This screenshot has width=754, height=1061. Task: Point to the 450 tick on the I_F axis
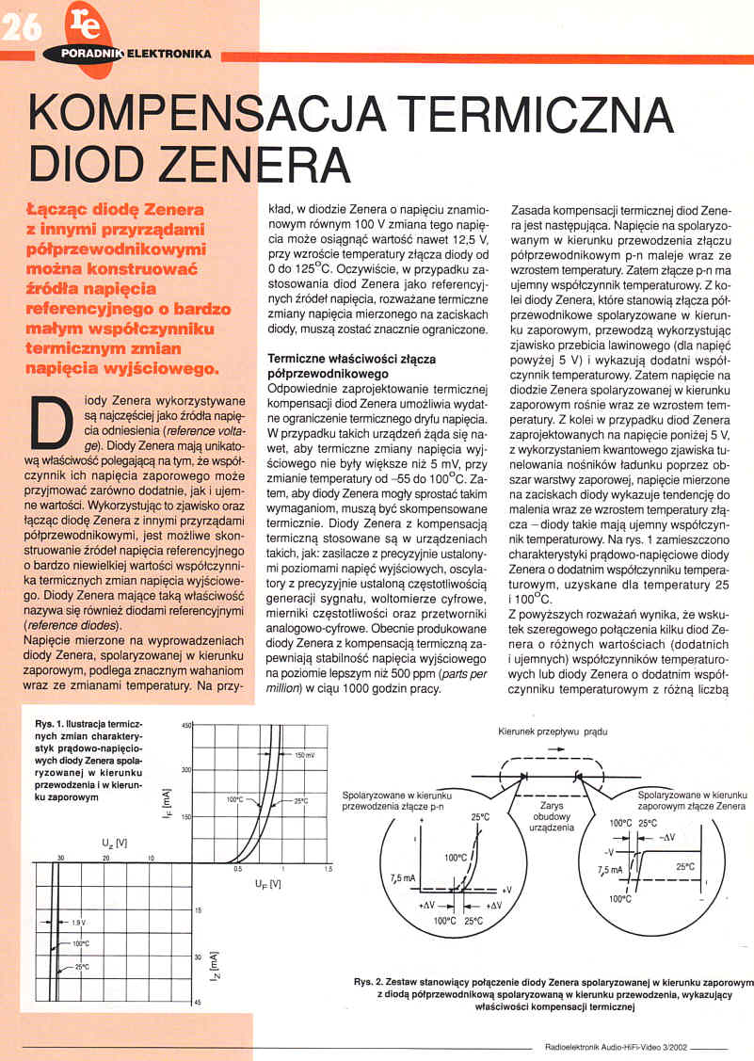[x=185, y=725]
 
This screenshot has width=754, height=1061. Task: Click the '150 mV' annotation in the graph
[x=305, y=756]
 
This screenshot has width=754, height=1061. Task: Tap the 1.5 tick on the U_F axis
[x=327, y=869]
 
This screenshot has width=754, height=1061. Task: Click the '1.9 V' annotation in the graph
[x=78, y=923]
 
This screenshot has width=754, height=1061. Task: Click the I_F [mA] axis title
[x=166, y=800]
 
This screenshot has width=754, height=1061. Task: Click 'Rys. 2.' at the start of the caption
[x=368, y=983]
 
